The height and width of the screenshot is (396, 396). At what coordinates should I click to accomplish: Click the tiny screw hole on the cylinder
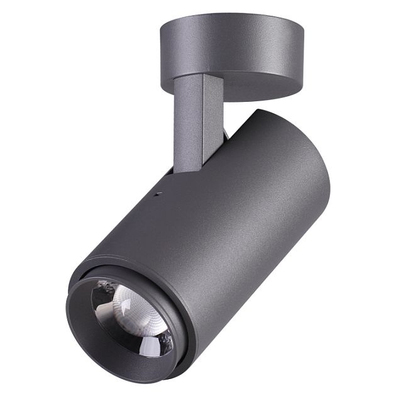pos(159,194)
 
